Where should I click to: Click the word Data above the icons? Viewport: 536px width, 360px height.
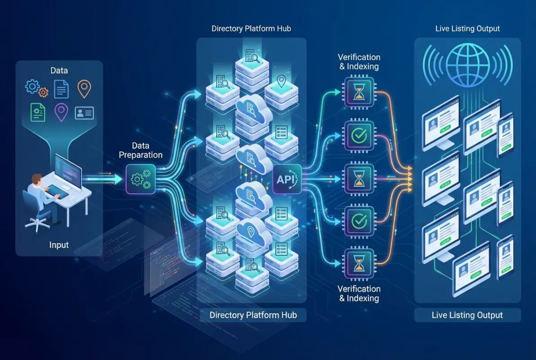[59, 71]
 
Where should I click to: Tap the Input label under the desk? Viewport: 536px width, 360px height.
[59, 245]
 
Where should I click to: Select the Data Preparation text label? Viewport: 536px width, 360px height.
[141, 150]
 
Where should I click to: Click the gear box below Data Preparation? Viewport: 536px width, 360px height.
[141, 179]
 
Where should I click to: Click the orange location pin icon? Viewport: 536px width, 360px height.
[84, 89]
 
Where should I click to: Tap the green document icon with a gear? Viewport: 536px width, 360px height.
[37, 112]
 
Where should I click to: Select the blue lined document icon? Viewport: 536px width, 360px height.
[61, 89]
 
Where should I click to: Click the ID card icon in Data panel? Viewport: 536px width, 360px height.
[84, 112]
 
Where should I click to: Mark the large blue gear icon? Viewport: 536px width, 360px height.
[32, 86]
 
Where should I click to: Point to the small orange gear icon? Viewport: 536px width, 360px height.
[43, 93]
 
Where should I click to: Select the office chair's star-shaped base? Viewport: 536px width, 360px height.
[38, 222]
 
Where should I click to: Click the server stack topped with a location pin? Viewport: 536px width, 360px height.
[281, 90]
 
